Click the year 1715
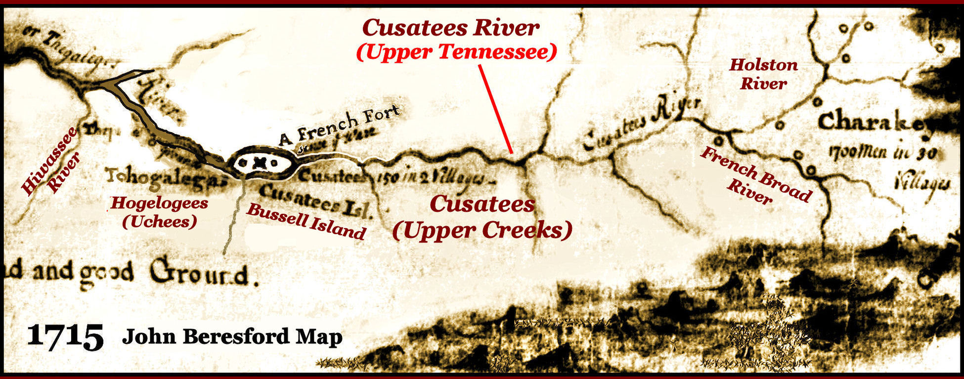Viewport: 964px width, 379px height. tap(65, 336)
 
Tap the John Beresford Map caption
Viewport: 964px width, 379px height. tap(232, 337)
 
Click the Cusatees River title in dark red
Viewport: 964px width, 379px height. tap(450, 28)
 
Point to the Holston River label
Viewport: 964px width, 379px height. tap(763, 74)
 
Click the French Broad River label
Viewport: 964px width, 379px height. tap(755, 176)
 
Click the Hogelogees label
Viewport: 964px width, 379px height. tap(159, 203)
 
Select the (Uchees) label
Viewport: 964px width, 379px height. tap(159, 221)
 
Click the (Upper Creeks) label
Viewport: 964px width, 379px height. tap(482, 230)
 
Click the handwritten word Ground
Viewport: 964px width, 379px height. tap(200, 275)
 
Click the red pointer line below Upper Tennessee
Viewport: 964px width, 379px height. tap(495, 109)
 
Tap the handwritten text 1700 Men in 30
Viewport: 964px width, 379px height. tap(882, 152)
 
